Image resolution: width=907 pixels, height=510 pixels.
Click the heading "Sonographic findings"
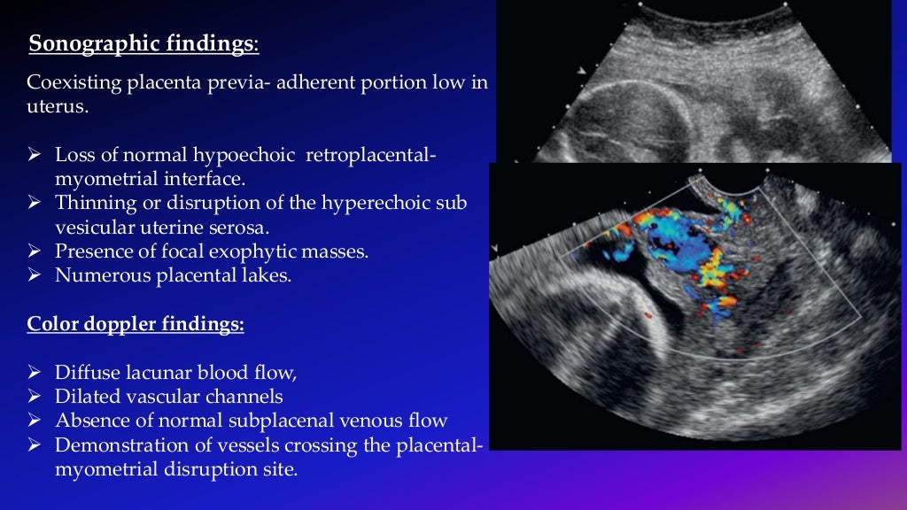pos(143,42)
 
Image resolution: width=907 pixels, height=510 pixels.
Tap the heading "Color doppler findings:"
pos(136,324)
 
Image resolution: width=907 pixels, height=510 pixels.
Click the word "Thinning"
pos(92,203)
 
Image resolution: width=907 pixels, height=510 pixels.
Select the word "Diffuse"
pos(84,372)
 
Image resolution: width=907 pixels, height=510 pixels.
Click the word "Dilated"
pos(84,396)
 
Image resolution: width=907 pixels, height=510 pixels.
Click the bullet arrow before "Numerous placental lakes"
pos(35,275)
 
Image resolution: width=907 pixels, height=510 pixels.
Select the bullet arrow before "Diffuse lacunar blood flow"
pos(35,373)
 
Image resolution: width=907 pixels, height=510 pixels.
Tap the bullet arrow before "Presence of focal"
pos(35,251)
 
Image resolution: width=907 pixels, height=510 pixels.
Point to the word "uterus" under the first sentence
pos(52,107)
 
